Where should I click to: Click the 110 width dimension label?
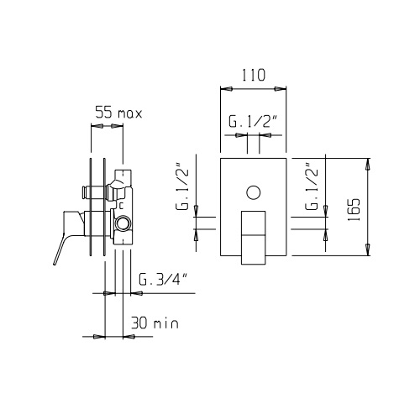click(x=253, y=75)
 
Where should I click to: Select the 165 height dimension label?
click(x=354, y=210)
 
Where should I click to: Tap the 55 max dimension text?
click(x=118, y=113)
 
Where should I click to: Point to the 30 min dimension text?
click(x=155, y=323)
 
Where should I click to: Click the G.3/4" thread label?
click(x=163, y=280)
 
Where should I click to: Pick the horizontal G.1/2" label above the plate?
click(x=253, y=121)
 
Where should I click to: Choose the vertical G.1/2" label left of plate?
click(x=182, y=186)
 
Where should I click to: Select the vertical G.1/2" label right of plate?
click(x=312, y=186)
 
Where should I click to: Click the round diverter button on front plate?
click(x=254, y=192)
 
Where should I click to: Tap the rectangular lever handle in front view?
click(x=253, y=238)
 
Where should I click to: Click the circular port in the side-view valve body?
click(x=123, y=223)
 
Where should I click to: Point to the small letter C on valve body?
click(x=121, y=206)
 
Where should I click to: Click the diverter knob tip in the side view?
click(x=84, y=192)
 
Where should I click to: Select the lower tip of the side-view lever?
click(x=55, y=263)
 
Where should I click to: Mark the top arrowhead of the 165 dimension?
click(x=368, y=163)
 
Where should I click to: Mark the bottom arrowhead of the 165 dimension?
click(x=368, y=250)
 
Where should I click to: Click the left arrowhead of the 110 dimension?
click(x=226, y=89)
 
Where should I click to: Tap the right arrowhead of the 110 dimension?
click(x=281, y=89)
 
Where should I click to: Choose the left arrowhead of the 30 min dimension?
click(x=99, y=336)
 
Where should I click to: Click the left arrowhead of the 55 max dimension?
click(x=97, y=126)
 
